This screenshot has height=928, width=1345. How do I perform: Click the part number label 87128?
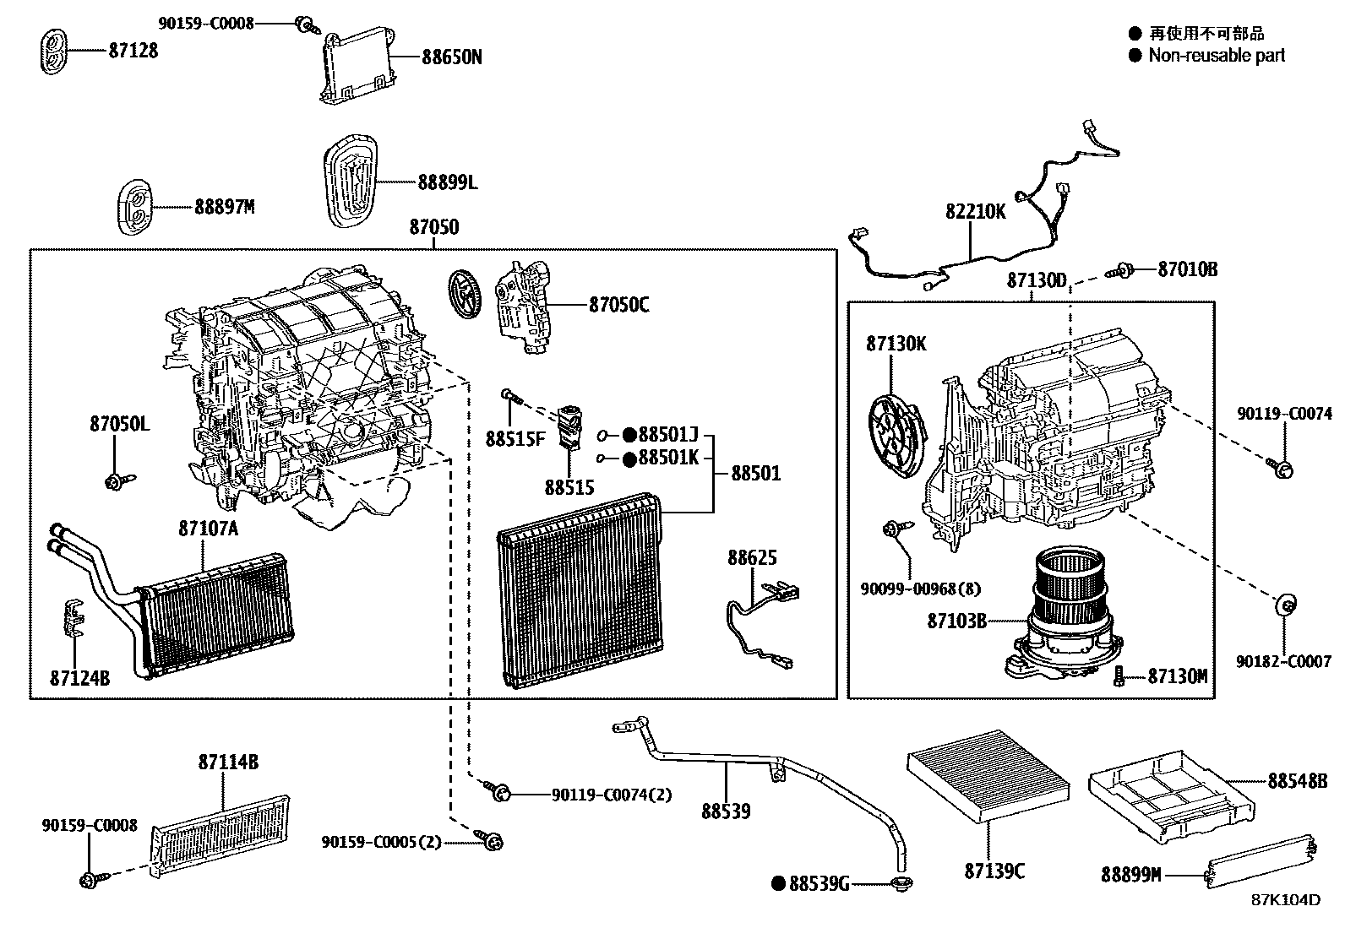point(133,51)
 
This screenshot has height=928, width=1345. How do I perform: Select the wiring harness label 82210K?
point(975,211)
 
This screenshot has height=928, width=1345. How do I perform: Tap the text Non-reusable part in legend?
point(1216,56)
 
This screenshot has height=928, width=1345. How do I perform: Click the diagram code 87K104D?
point(1285,900)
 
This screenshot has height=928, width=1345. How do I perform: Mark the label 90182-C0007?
point(1284,662)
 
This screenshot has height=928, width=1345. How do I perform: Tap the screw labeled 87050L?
point(114,481)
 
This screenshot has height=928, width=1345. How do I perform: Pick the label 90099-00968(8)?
point(921,589)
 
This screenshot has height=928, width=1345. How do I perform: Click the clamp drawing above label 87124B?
point(76,621)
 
